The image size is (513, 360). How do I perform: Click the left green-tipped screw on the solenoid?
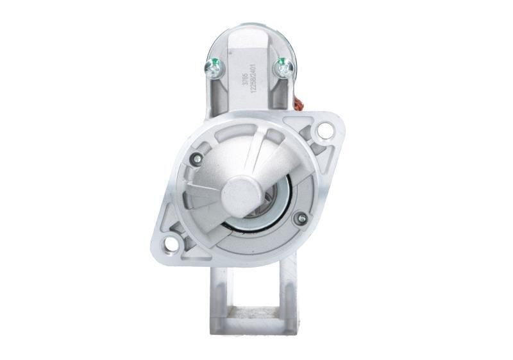coord(212,66)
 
